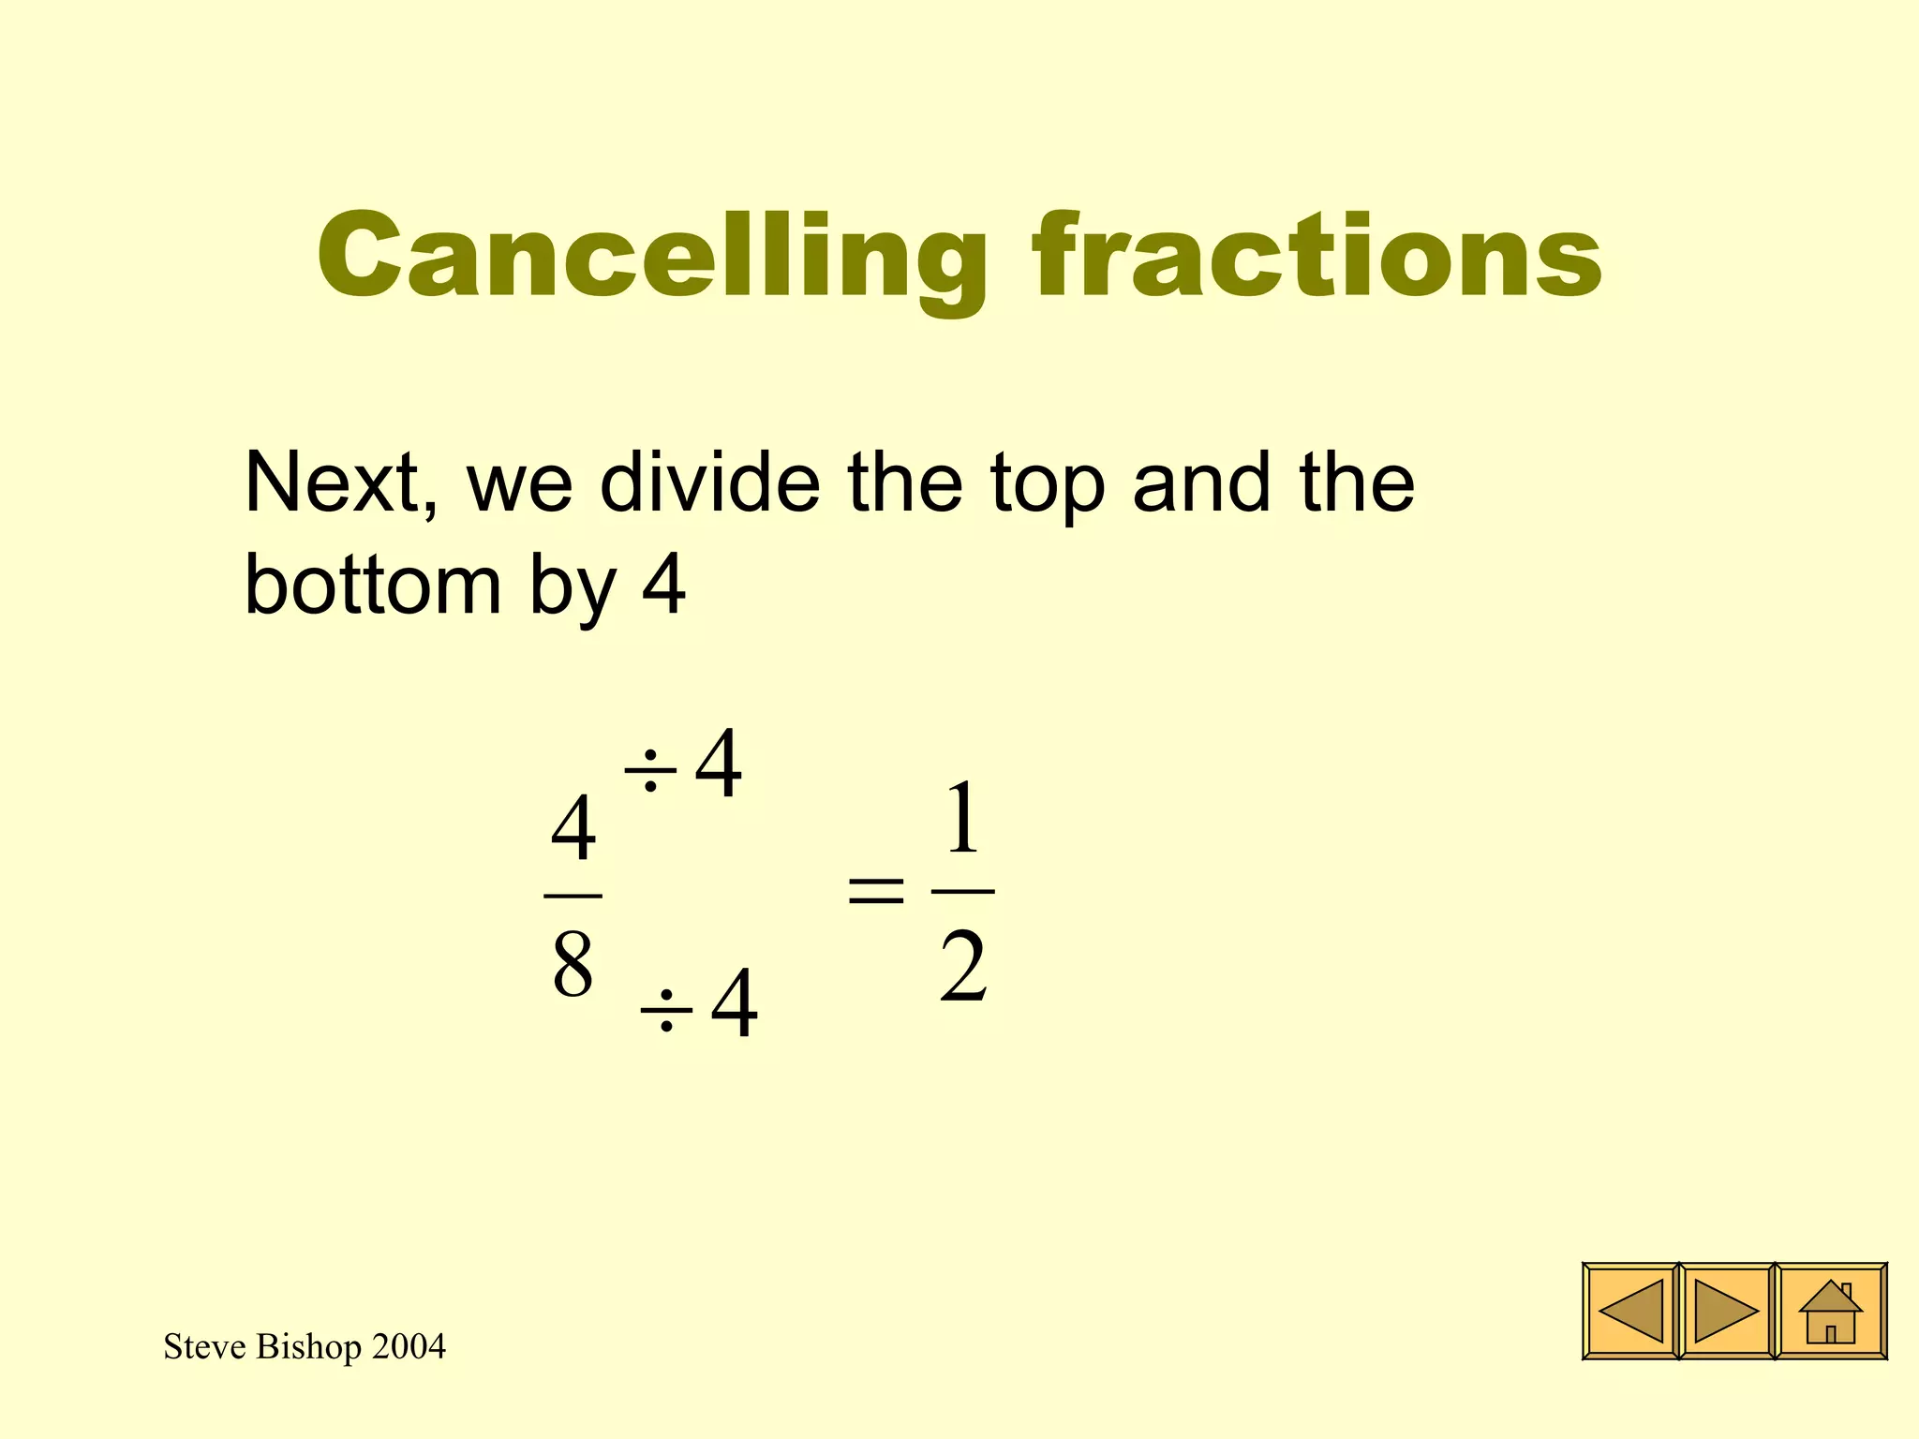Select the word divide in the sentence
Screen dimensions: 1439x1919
(x=709, y=483)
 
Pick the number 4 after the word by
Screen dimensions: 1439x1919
(x=663, y=585)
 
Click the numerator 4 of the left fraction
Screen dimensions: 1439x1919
(x=573, y=828)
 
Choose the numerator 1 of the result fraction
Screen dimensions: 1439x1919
(x=962, y=821)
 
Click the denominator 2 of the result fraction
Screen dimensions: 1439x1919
(x=963, y=969)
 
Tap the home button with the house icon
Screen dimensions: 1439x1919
(x=1831, y=1312)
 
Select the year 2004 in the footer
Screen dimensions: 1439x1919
(x=409, y=1347)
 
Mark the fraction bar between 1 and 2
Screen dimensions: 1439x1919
(x=963, y=891)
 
